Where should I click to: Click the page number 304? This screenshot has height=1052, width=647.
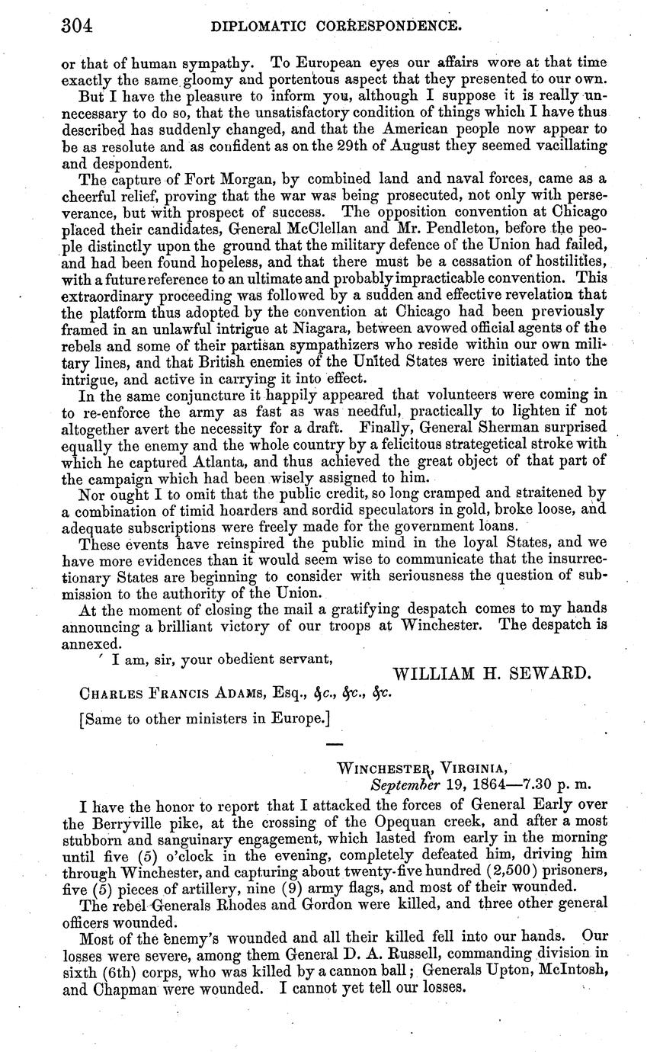click(x=76, y=27)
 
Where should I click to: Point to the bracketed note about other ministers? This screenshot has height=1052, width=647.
click(x=204, y=718)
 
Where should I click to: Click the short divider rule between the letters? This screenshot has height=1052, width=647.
click(x=335, y=744)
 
